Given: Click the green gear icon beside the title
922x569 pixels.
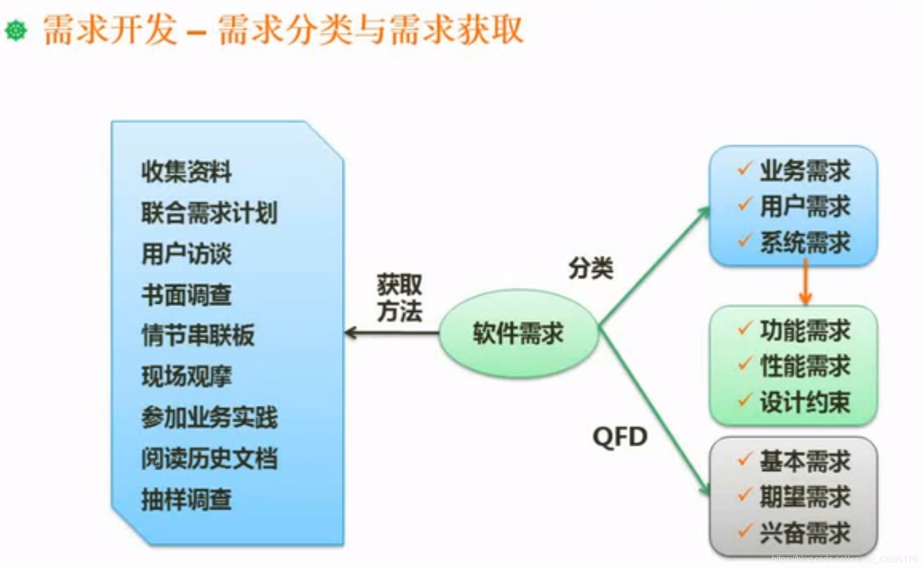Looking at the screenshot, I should tap(16, 30).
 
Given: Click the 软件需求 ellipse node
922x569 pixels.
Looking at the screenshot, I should tap(518, 334).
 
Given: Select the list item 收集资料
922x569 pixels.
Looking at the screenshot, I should tap(186, 172).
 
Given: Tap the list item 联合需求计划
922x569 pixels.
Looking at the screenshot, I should tap(209, 213).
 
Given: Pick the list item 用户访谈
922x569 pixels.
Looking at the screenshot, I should tap(186, 254).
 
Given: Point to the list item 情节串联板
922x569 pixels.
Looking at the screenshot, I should tap(198, 336).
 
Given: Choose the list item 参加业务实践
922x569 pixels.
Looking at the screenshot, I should tap(209, 418).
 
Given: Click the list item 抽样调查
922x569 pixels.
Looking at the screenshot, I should tap(186, 500).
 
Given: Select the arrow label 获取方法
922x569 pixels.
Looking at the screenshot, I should tap(399, 298).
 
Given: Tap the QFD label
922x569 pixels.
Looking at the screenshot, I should tap(620, 437).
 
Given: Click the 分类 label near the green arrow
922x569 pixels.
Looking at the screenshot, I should tap(591, 268).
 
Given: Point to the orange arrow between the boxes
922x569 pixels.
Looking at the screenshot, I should tap(805, 282).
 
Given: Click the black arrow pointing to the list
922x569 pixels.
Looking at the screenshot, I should tap(391, 334).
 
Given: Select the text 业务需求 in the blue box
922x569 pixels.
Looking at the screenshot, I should tap(805, 171).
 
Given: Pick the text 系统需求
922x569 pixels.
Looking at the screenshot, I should tap(805, 243).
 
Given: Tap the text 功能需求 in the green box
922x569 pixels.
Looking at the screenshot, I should tap(805, 331).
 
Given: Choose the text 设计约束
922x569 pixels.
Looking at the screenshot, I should tap(805, 402).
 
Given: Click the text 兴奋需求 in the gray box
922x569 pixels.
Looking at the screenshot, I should tap(805, 533).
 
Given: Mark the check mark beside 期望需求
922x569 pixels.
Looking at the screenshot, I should tap(745, 495).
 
